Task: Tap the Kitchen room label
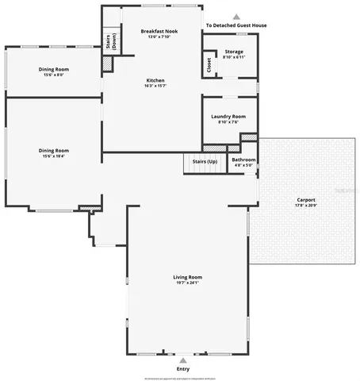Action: pos(155,80)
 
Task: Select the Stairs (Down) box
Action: pos(111,41)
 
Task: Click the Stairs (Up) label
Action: pos(205,161)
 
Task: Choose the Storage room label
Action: pos(234,52)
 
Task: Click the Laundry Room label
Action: pos(228,117)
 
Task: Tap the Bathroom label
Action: pos(243,160)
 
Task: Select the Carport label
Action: pos(306,199)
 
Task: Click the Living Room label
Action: pos(188,276)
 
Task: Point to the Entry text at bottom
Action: pos(183,368)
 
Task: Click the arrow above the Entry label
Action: pos(183,360)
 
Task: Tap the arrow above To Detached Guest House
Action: pos(236,16)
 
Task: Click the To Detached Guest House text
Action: pos(236,25)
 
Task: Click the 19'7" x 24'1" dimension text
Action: pos(188,283)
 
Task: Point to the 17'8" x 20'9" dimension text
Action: pos(306,206)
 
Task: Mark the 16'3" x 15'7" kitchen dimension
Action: pos(155,87)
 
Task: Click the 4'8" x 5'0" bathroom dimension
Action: pos(243,166)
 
